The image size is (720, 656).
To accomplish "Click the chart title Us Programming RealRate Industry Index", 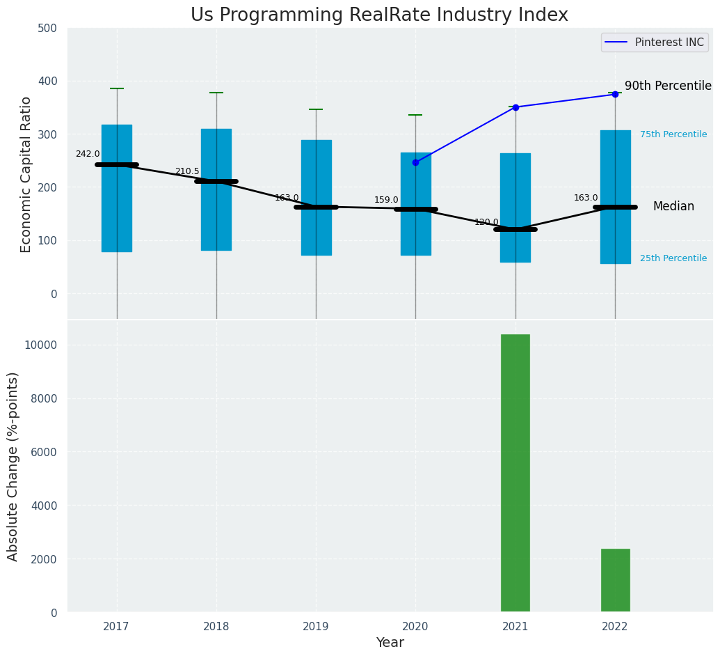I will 379,15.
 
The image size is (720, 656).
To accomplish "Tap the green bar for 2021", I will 515,473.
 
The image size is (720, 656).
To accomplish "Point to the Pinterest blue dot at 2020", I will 415,162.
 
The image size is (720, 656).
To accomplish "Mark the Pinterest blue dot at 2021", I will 515,107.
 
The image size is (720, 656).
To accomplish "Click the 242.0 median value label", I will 88,154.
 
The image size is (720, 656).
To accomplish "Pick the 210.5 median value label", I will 187,171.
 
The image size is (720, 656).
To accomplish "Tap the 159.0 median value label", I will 386,200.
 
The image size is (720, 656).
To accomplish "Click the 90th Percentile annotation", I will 668,86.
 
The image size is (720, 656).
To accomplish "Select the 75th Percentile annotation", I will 673,134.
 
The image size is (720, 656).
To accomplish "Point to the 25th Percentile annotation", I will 673,258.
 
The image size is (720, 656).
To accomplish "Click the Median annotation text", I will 673,207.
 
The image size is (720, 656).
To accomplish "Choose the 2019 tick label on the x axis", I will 316,627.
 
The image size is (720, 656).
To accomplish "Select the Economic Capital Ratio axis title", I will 26,174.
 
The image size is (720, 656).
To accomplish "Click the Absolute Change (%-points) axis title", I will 13,466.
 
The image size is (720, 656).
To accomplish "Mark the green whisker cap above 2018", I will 216,93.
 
